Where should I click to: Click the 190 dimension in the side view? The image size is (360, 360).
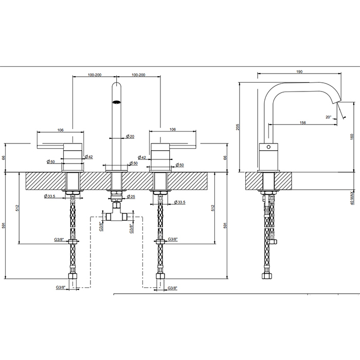coord(299,73)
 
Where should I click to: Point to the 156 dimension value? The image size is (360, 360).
coord(303,122)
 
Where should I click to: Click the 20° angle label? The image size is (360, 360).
coord(329,117)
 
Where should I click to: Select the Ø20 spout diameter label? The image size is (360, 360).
coord(131,136)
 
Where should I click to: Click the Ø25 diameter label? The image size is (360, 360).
coord(131,196)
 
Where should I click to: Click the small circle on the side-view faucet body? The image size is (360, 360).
coord(266,147)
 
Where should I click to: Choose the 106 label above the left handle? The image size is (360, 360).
coord(60,130)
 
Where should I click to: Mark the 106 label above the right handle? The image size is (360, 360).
coord(173,130)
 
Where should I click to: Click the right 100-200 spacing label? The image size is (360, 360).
coord(138,75)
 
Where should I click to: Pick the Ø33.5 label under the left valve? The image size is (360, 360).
coord(50,196)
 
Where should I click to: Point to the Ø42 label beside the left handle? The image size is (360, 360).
coord(88,157)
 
